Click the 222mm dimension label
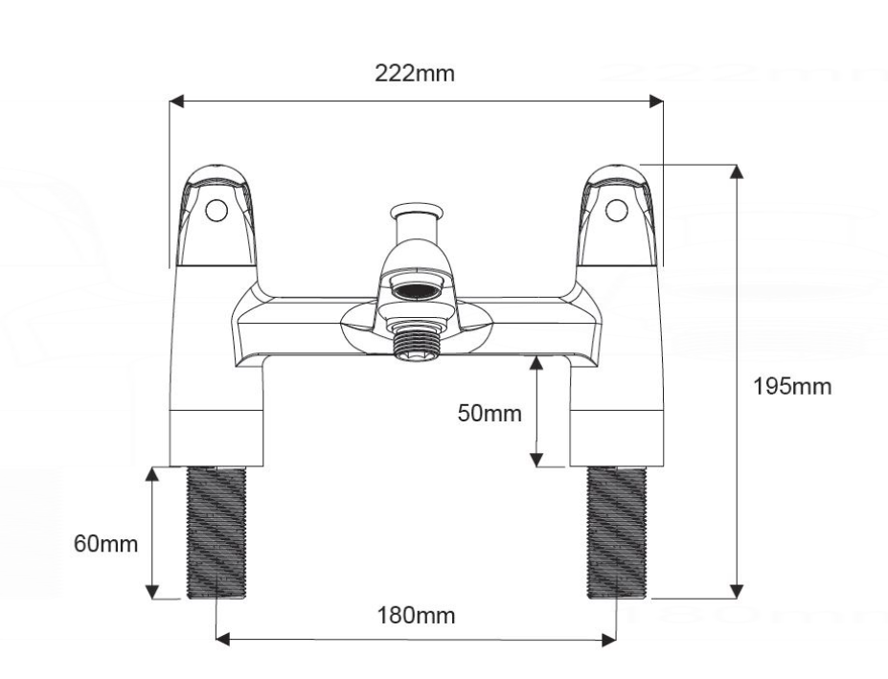click(415, 75)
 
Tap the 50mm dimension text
click(490, 414)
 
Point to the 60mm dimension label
click(105, 544)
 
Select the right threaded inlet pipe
click(617, 532)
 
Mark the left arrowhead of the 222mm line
click(175, 99)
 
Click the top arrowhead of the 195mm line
click(737, 170)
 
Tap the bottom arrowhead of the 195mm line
click(737, 592)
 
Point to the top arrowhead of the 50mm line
click(536, 361)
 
